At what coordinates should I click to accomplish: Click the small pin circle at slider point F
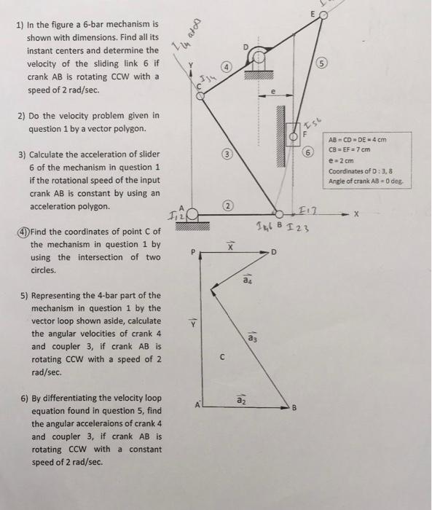pos(294,135)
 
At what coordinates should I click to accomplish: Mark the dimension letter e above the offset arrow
pos(273,92)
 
